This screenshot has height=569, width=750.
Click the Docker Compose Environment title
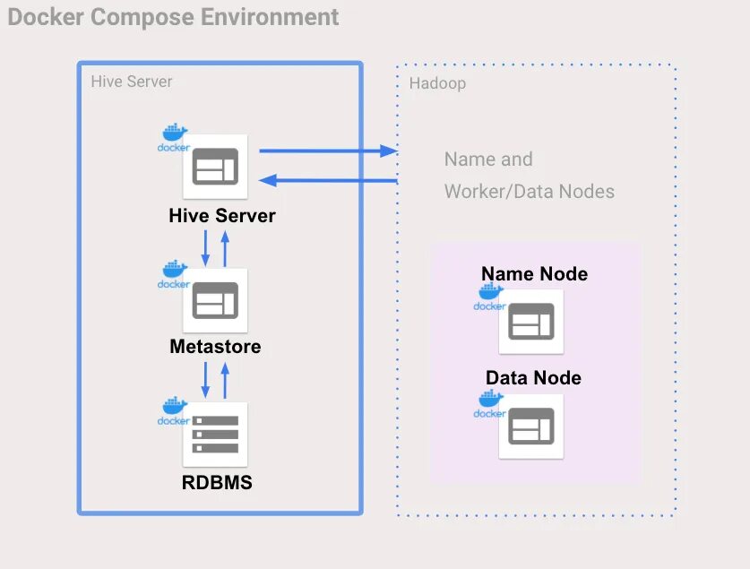173,18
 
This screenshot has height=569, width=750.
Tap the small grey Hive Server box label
132,82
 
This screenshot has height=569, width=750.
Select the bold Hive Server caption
222,216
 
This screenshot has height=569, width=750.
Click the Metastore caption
215,347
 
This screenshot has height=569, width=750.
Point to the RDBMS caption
217,482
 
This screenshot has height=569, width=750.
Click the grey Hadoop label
437,83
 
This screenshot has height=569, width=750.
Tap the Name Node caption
534,274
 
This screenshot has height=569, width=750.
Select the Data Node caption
533,378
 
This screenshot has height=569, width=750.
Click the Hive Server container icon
215,167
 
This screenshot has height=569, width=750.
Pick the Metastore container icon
215,300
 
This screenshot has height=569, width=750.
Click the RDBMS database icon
215,435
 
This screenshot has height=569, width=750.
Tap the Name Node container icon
531,322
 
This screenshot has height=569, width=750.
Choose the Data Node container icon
531,426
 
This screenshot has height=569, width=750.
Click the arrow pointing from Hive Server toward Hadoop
328,151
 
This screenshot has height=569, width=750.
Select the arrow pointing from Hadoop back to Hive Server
328,180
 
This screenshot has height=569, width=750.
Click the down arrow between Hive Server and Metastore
206,248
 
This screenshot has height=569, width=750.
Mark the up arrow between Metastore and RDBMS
225,381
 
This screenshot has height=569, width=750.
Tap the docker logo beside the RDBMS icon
174,410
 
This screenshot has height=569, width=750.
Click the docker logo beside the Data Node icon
489,404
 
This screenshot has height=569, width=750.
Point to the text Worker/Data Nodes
529,191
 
